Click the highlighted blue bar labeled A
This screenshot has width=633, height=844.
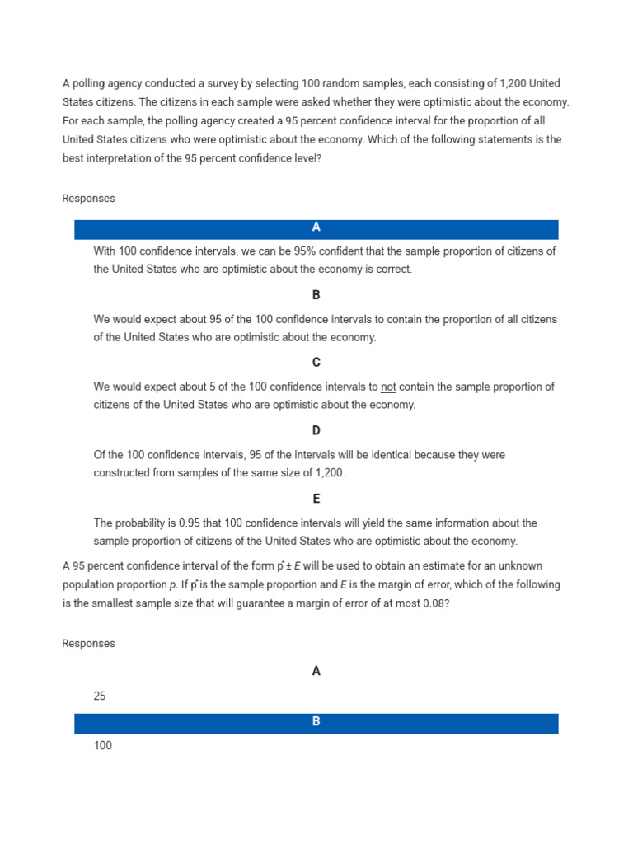tap(316, 228)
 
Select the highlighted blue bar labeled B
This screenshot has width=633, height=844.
tap(316, 722)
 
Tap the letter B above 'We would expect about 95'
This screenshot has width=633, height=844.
tap(316, 295)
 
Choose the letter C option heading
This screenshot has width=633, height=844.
tap(316, 363)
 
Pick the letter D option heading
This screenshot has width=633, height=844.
tap(316, 431)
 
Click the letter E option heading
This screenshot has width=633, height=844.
tap(316, 499)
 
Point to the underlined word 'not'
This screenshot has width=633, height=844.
tap(388, 387)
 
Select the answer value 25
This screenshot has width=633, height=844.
tap(100, 696)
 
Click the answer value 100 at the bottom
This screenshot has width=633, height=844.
tap(103, 746)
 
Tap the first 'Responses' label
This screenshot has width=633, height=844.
tap(89, 199)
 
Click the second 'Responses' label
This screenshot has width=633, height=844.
tap(89, 644)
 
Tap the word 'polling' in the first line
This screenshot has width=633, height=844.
tap(90, 83)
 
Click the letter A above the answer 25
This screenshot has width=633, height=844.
tap(316, 672)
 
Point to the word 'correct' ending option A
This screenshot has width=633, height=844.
tap(392, 270)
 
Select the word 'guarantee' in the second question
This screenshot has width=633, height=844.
tap(237, 603)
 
